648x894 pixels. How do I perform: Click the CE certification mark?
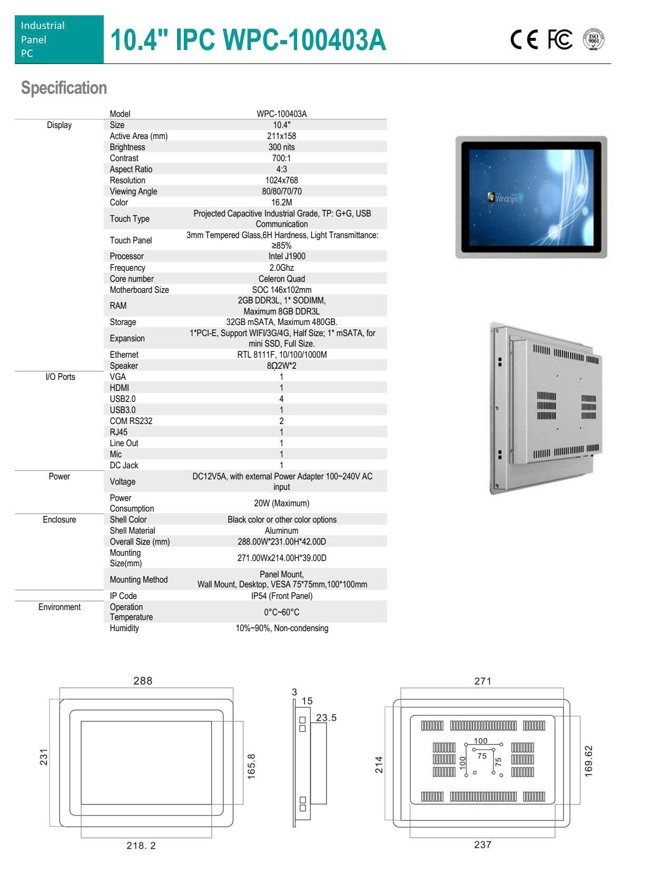click(x=524, y=40)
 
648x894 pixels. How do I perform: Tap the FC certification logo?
click(x=559, y=40)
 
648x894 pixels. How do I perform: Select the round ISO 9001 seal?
click(x=594, y=40)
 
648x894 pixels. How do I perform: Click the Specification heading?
click(x=64, y=88)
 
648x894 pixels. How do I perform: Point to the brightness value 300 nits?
click(x=281, y=147)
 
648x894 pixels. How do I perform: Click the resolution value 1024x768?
click(x=281, y=180)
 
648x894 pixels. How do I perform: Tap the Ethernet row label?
click(x=124, y=355)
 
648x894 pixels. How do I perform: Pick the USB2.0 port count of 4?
click(x=281, y=399)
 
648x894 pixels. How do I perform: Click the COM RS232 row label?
click(x=131, y=421)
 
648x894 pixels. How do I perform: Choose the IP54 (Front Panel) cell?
click(x=281, y=596)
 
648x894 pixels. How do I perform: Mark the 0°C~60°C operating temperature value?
click(x=281, y=612)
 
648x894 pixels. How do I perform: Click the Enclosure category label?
click(x=59, y=519)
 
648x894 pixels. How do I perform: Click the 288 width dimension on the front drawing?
click(x=143, y=681)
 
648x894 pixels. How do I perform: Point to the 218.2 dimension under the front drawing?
click(x=141, y=846)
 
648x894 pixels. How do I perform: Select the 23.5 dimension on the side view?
click(x=326, y=718)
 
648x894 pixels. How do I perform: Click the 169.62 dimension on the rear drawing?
click(x=588, y=761)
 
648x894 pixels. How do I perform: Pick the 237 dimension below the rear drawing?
click(x=483, y=844)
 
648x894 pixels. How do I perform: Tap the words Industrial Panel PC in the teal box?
click(x=43, y=40)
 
